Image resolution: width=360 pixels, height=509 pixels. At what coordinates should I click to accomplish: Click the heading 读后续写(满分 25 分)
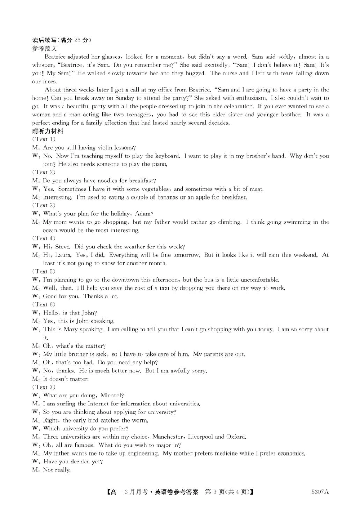[x=61, y=40]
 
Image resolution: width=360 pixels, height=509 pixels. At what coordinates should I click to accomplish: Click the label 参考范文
[x=44, y=48]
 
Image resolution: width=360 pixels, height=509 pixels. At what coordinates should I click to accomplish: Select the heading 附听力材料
[x=47, y=131]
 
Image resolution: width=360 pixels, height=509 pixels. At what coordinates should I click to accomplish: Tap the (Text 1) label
[x=44, y=139]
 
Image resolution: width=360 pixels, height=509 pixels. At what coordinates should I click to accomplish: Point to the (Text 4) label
[x=44, y=238]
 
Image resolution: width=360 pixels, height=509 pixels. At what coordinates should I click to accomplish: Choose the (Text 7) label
[x=44, y=387]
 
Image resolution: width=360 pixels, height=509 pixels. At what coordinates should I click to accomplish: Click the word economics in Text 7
[x=289, y=453]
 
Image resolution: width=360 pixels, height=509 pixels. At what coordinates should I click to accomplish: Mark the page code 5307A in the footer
[x=320, y=492]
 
